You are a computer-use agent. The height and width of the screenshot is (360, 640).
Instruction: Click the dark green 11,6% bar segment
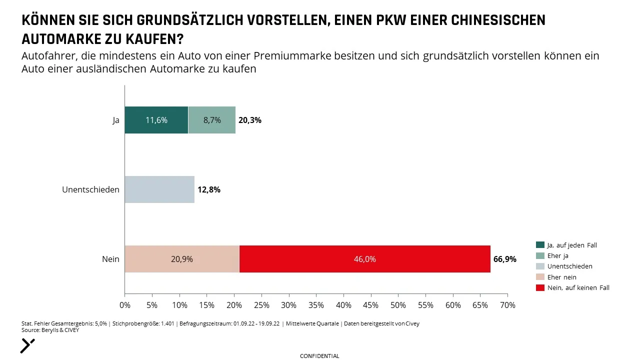click(156, 120)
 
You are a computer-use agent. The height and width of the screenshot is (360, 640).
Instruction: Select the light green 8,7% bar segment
click(212, 120)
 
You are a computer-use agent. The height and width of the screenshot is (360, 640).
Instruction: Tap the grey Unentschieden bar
click(159, 189)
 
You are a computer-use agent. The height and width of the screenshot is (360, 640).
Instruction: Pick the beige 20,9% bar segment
click(182, 259)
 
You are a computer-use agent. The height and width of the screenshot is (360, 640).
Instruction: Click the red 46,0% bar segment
click(365, 259)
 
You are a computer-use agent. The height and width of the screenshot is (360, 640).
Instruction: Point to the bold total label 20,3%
click(250, 120)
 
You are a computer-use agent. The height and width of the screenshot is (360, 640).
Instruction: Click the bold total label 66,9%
click(505, 259)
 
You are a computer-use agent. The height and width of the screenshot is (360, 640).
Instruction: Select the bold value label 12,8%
click(209, 189)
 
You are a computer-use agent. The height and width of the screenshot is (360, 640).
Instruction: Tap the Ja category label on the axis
click(115, 120)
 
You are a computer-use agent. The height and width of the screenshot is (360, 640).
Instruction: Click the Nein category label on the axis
click(110, 259)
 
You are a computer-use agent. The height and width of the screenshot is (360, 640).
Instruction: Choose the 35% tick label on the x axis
click(316, 305)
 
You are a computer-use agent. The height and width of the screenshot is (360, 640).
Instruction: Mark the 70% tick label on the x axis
click(507, 305)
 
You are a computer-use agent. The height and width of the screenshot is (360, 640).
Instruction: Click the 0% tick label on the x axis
click(125, 305)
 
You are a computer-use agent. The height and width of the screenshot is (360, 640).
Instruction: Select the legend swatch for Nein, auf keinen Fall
click(540, 287)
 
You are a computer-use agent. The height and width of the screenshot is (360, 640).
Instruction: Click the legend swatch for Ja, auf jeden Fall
click(540, 245)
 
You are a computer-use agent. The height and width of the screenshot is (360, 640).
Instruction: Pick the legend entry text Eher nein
click(561, 277)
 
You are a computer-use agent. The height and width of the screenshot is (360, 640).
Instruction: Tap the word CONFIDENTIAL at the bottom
click(319, 356)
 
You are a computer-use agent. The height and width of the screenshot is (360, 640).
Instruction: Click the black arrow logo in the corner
click(27, 346)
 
